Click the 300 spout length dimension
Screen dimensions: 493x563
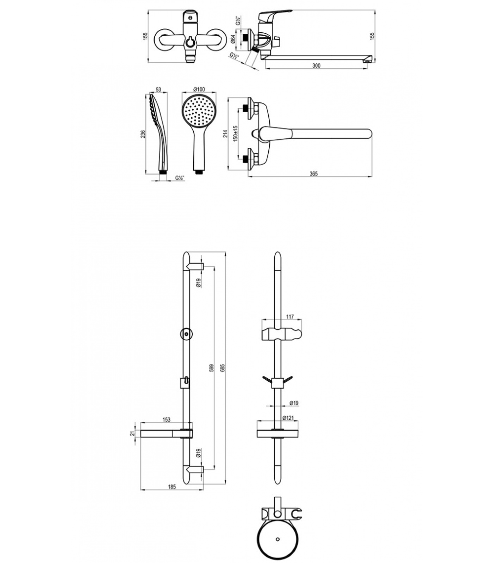(317, 65)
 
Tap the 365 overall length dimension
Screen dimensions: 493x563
(313, 173)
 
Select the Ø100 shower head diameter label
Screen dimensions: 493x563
(199, 89)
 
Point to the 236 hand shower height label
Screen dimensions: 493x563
(143, 134)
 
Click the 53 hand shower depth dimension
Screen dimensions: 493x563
(158, 90)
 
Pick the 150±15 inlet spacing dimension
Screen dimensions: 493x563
(236, 133)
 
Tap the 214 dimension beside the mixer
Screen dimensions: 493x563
(226, 134)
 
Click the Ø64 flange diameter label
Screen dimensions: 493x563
(233, 39)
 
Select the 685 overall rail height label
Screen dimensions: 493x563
(222, 368)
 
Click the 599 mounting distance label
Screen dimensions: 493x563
(212, 368)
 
